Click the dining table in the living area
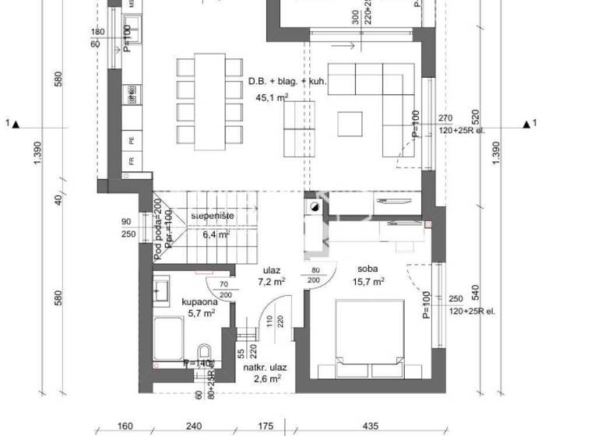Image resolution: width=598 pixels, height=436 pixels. pyautogui.click(x=208, y=101)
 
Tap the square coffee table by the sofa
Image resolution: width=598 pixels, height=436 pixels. pyautogui.click(x=350, y=123)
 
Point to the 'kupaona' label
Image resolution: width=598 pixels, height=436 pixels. pyautogui.click(x=199, y=301)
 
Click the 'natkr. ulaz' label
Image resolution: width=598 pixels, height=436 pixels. pyautogui.click(x=263, y=366)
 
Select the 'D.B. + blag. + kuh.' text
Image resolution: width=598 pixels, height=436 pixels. pyautogui.click(x=287, y=81)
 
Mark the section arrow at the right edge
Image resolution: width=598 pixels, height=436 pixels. pyautogui.click(x=530, y=123)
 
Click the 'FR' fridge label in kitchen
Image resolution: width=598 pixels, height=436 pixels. pyautogui.click(x=133, y=161)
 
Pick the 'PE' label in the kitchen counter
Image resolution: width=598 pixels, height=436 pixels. pyautogui.click(x=133, y=141)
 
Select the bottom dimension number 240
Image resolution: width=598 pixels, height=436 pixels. pyautogui.click(x=194, y=426)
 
